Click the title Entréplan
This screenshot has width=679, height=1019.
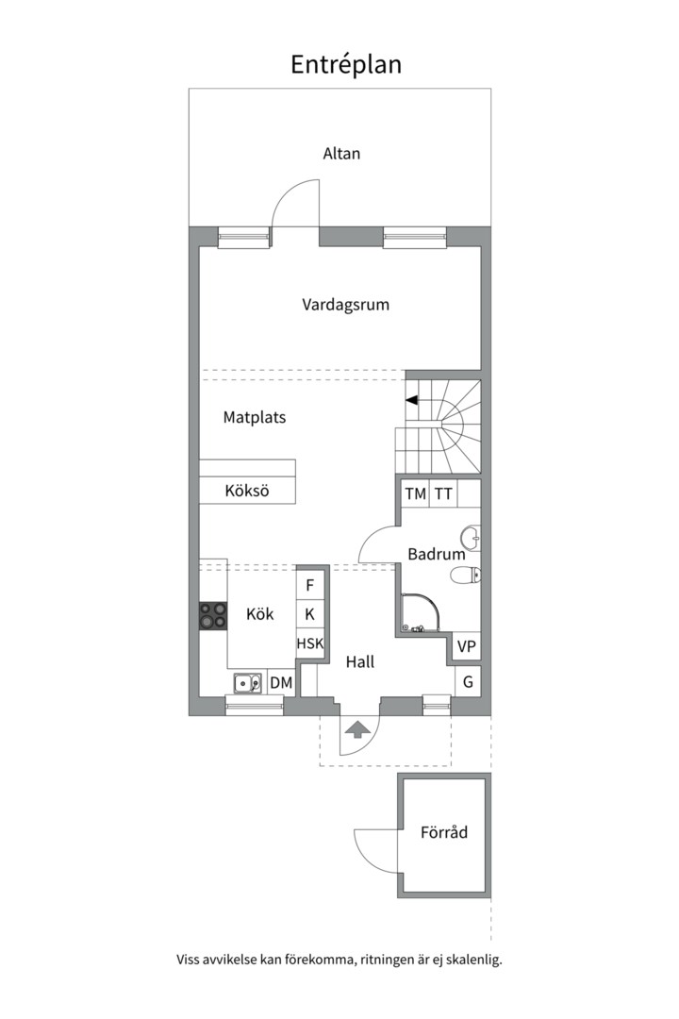point(345,64)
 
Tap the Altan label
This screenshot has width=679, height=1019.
point(341,153)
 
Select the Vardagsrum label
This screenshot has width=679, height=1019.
point(345,305)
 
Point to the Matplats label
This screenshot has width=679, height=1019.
point(255,416)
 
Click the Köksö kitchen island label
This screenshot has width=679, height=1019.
point(247,491)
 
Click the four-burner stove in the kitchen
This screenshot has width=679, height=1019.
point(213,615)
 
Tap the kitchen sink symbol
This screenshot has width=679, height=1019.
point(248,681)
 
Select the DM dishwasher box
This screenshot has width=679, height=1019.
point(281,681)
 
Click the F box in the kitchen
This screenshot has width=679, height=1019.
point(309,585)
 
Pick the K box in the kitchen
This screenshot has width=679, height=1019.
point(309,614)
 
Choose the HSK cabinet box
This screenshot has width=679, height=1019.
point(309,644)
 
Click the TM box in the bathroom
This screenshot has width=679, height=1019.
point(415,493)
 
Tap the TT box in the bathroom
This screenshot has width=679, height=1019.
point(443,493)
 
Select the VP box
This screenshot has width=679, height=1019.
point(467,647)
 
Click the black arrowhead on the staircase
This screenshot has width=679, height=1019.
point(412,400)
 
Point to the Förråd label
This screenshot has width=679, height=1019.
point(444,833)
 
